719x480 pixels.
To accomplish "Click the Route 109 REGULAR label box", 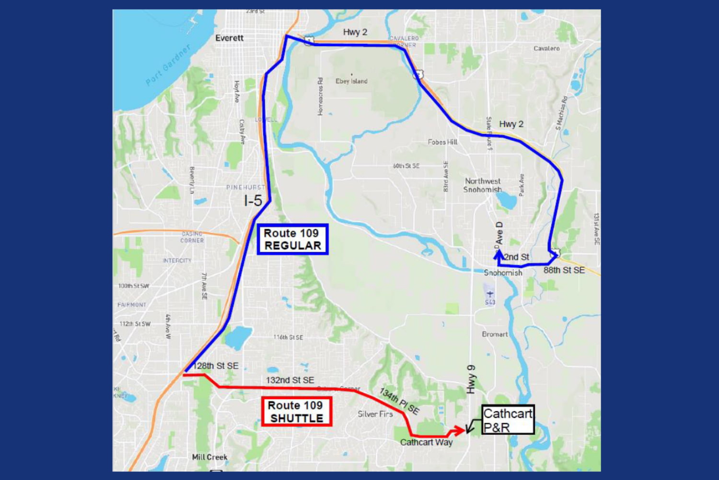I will (x=292, y=239).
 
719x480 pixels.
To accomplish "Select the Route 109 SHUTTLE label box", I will (x=296, y=411).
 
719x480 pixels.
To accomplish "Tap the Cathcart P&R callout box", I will (x=508, y=420).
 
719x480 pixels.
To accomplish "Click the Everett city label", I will (x=229, y=38).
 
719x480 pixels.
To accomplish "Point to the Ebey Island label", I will (x=351, y=81).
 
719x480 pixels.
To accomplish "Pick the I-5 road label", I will (x=253, y=201).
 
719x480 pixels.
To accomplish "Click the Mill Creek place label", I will (x=209, y=457).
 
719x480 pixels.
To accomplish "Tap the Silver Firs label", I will (x=375, y=414).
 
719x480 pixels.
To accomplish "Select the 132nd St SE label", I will (x=290, y=380).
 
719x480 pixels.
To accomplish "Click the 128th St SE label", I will (x=216, y=366).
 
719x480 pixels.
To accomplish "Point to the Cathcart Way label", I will (x=426, y=442).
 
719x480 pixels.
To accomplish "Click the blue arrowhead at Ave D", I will (x=499, y=254).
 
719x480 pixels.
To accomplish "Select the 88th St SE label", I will (x=564, y=270).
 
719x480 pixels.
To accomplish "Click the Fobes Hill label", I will (x=442, y=142).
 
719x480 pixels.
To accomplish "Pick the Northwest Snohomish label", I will (x=483, y=185).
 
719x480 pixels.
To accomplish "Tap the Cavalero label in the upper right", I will (x=546, y=48).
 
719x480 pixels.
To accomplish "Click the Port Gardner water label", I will (x=168, y=65).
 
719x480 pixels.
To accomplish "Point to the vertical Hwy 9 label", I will (x=471, y=379).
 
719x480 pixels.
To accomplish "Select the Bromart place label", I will (x=495, y=334).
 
